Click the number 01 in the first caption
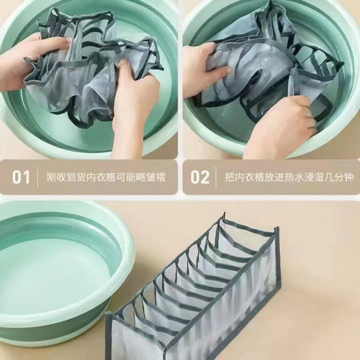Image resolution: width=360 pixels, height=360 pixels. (21, 177)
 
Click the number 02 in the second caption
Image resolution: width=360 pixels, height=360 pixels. (200, 177)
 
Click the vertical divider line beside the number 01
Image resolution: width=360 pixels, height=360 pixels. (37, 177)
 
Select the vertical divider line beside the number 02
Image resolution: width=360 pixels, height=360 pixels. (216, 177)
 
